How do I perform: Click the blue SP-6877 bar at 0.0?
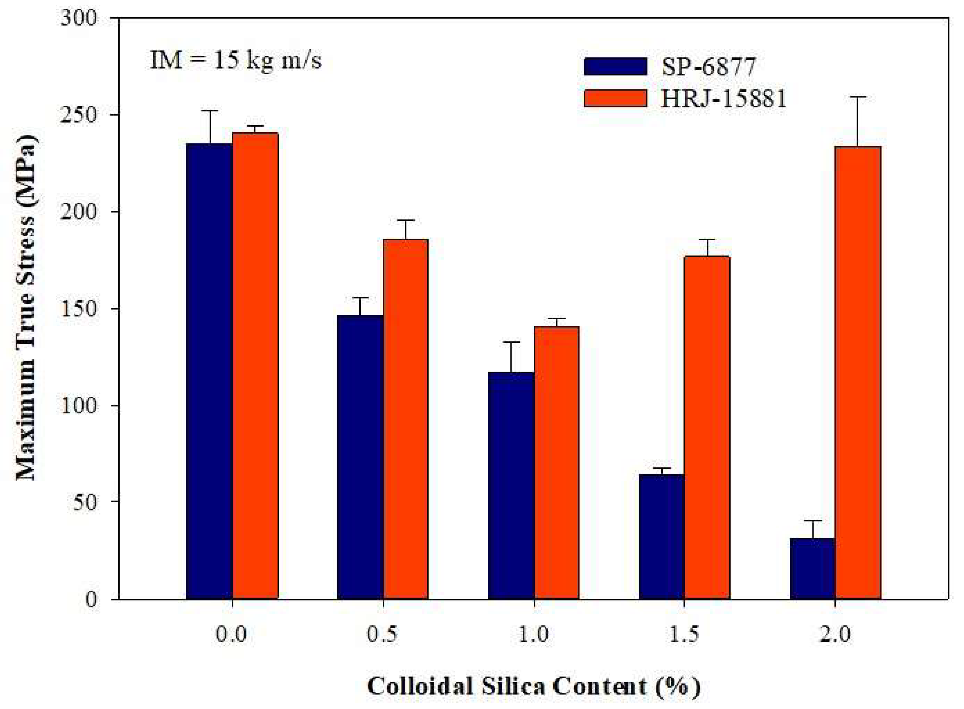tap(210, 371)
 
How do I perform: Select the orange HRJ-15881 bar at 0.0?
tap(255, 366)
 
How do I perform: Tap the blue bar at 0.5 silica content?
tap(360, 457)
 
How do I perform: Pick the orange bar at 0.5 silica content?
tap(406, 419)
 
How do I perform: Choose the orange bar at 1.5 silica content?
tap(707, 428)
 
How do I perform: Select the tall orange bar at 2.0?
tap(858, 373)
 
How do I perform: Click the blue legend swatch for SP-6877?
tap(615, 67)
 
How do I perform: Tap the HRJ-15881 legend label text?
tap(724, 99)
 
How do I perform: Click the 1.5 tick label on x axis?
tap(684, 634)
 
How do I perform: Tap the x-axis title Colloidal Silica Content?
tap(533, 686)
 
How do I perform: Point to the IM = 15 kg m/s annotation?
tap(235, 60)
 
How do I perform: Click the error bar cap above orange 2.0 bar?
tap(858, 97)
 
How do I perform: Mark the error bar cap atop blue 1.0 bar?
tap(511, 342)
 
